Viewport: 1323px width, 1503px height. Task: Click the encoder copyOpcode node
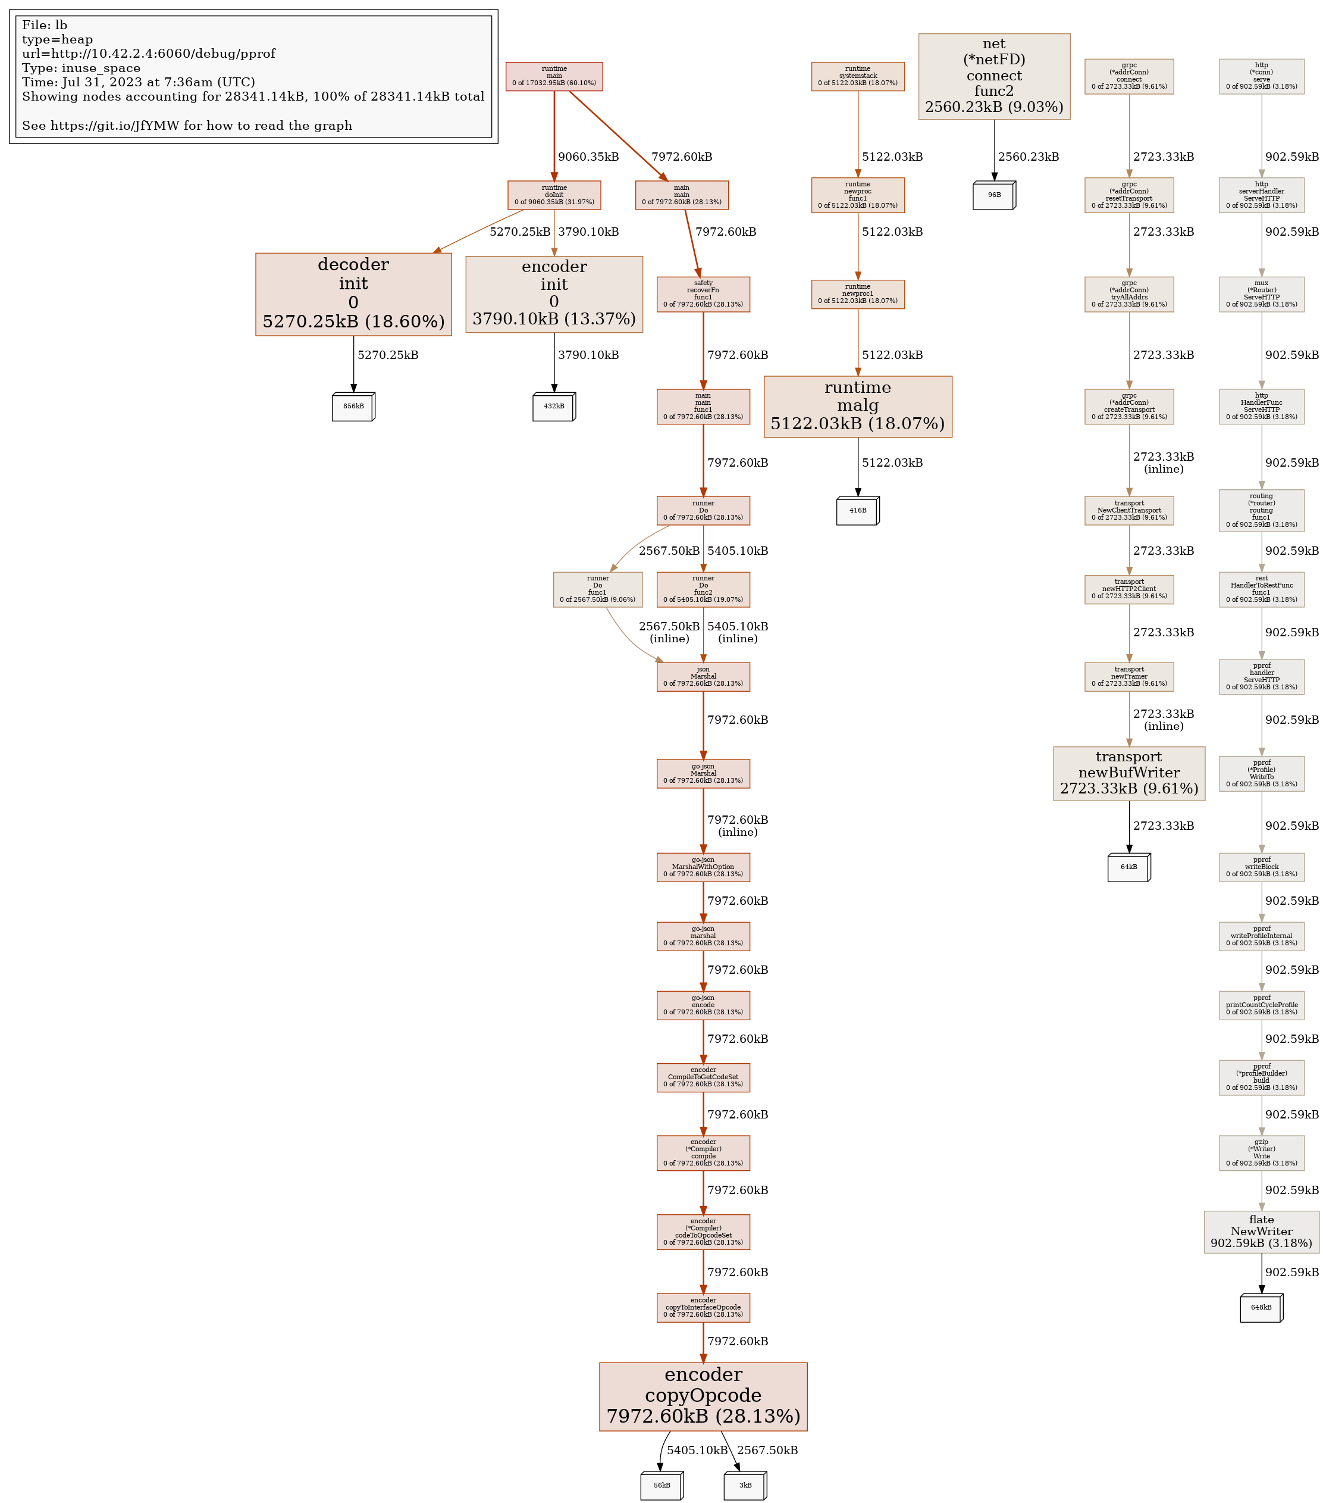tap(703, 1396)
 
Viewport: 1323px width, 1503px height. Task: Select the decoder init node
tap(353, 294)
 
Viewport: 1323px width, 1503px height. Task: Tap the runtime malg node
tap(857, 406)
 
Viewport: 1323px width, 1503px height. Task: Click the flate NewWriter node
tap(1261, 1232)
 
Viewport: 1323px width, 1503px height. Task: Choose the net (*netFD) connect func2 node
tap(993, 76)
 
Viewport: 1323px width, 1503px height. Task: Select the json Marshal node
tap(703, 676)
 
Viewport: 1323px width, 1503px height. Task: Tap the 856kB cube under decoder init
tap(353, 406)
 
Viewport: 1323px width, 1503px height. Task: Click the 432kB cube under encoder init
tap(553, 406)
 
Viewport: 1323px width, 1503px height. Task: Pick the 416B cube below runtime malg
tap(857, 510)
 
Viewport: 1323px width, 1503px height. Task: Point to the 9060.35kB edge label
tap(588, 157)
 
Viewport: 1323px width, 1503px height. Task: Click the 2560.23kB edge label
tap(1029, 157)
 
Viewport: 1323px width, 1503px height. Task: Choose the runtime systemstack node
tap(857, 76)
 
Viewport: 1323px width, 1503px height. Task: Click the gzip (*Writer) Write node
tap(1261, 1152)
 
